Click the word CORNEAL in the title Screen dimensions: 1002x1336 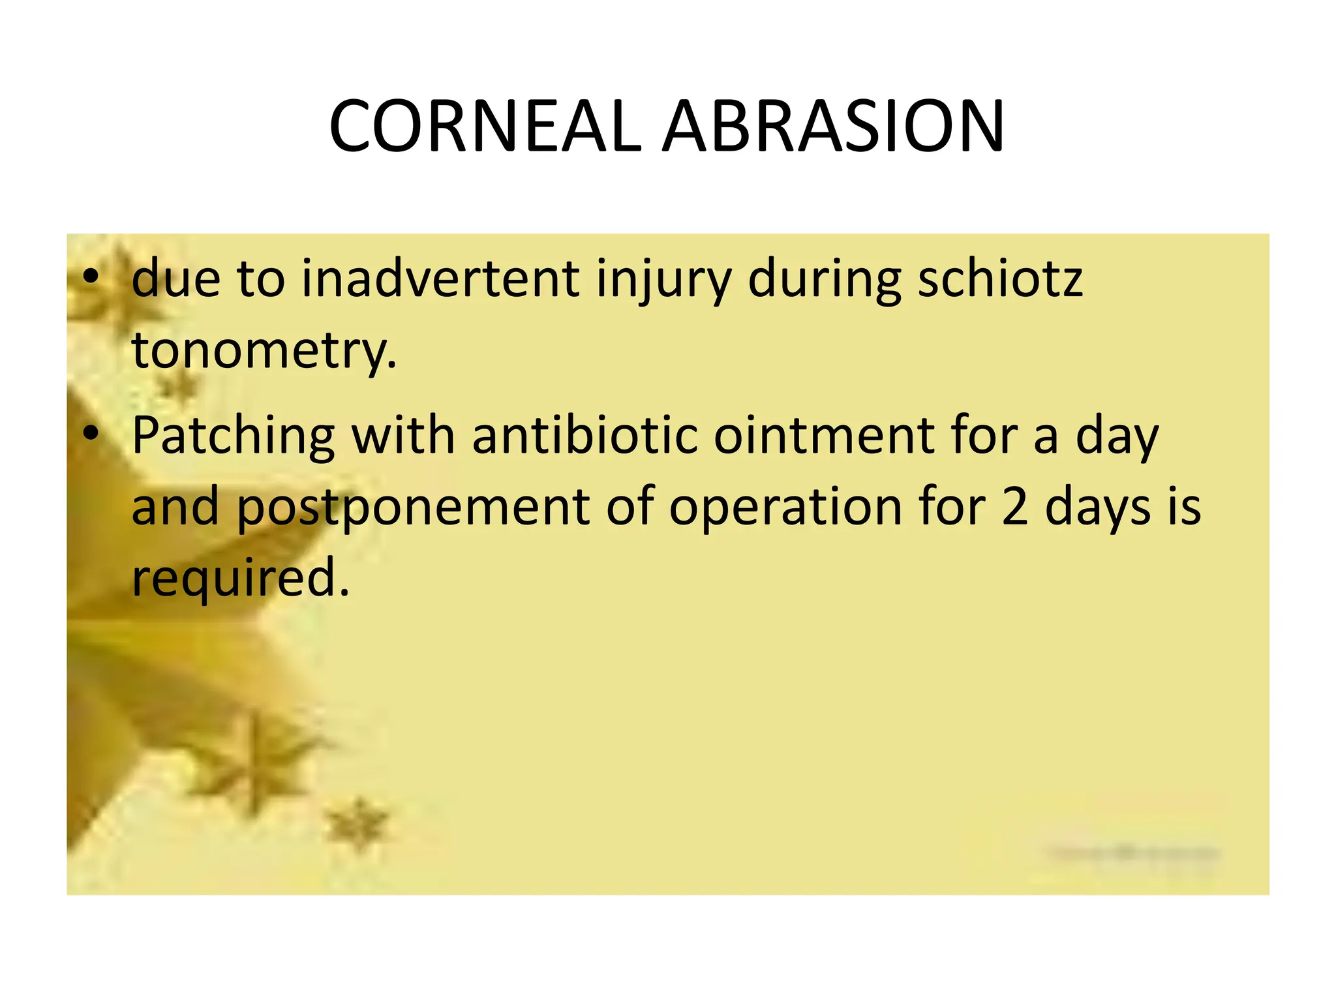485,127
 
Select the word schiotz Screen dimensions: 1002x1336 1000,279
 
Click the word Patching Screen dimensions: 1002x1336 233,436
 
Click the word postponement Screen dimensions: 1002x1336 412,508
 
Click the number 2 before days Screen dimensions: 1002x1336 1014,508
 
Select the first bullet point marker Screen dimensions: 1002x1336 91,277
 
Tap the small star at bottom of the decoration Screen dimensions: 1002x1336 357,825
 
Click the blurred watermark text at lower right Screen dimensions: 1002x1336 1134,853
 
